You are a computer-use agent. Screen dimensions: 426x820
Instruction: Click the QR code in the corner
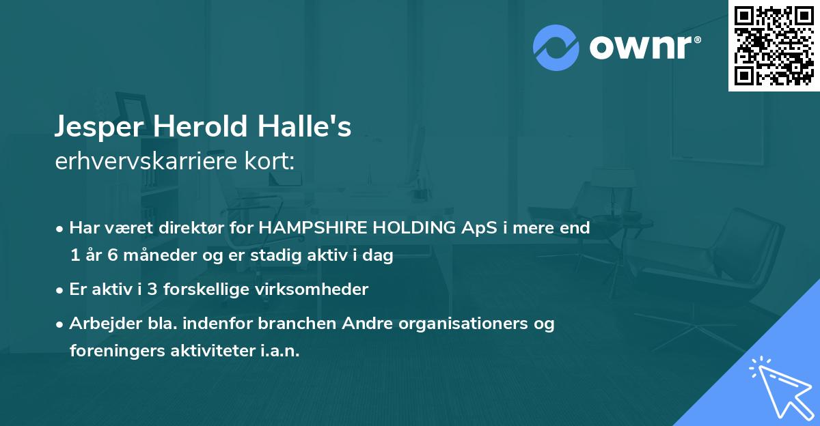point(774,45)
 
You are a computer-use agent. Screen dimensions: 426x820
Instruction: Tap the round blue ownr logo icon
point(556,47)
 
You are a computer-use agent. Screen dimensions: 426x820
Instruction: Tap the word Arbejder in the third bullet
point(98,324)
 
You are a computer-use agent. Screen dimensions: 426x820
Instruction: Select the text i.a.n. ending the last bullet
point(280,351)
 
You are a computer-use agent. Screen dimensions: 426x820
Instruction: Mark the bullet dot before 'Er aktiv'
point(60,290)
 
